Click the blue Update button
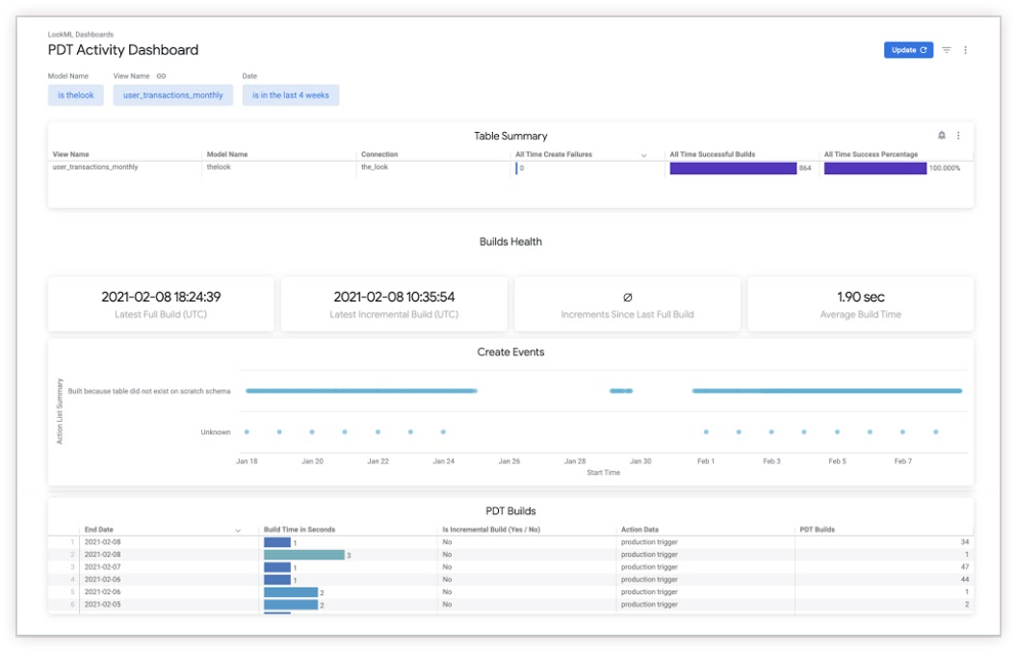point(907,50)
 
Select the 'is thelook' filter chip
point(76,95)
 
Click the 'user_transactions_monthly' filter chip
point(173,95)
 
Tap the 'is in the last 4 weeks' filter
point(291,95)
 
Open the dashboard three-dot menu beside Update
point(966,50)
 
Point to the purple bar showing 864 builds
point(733,168)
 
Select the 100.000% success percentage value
point(944,168)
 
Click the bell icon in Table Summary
point(942,136)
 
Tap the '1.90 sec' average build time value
point(860,297)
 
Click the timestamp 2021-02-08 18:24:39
point(161,297)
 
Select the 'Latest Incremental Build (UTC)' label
point(394,315)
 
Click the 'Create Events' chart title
point(510,353)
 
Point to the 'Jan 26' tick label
point(508,461)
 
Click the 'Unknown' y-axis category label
point(216,432)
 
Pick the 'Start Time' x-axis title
point(603,473)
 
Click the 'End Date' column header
point(99,530)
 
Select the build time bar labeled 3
point(304,555)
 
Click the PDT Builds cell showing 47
point(964,567)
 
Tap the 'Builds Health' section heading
point(510,242)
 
